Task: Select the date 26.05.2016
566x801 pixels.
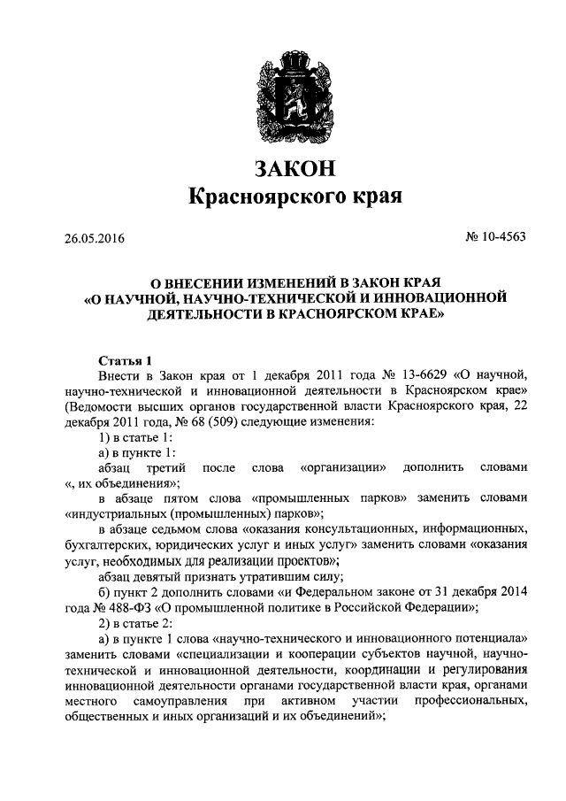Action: click(x=95, y=239)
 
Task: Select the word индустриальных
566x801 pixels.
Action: click(x=113, y=513)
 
